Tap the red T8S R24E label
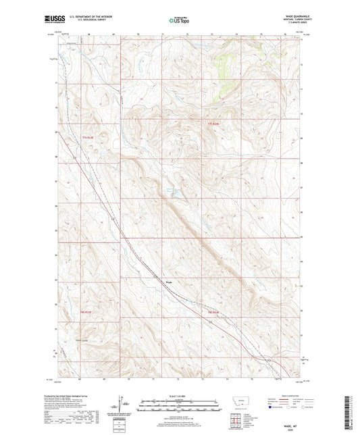click(x=214, y=312)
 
